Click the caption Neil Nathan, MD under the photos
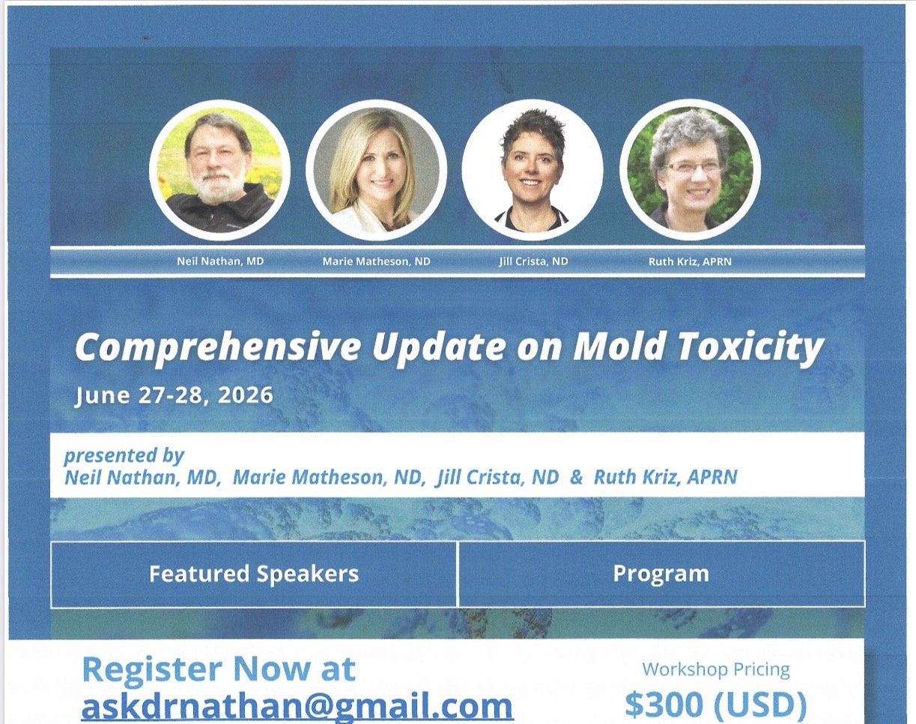pos(220,261)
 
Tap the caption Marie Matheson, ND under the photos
pos(376,261)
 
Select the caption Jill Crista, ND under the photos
pos(534,261)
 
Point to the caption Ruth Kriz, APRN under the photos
pos(690,262)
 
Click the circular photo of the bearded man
pos(219,170)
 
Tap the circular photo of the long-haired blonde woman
pos(376,170)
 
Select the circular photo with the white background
pos(533,170)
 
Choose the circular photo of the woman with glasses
pos(690,170)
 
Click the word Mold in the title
pos(619,347)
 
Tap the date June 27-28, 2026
pos(174,396)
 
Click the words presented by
pos(124,456)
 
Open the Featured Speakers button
pos(254,574)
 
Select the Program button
pos(661,574)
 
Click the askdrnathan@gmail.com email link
pos(297,707)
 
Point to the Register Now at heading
pos(219,669)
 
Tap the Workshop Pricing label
pos(716,669)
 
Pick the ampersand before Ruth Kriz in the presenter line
pos(576,477)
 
